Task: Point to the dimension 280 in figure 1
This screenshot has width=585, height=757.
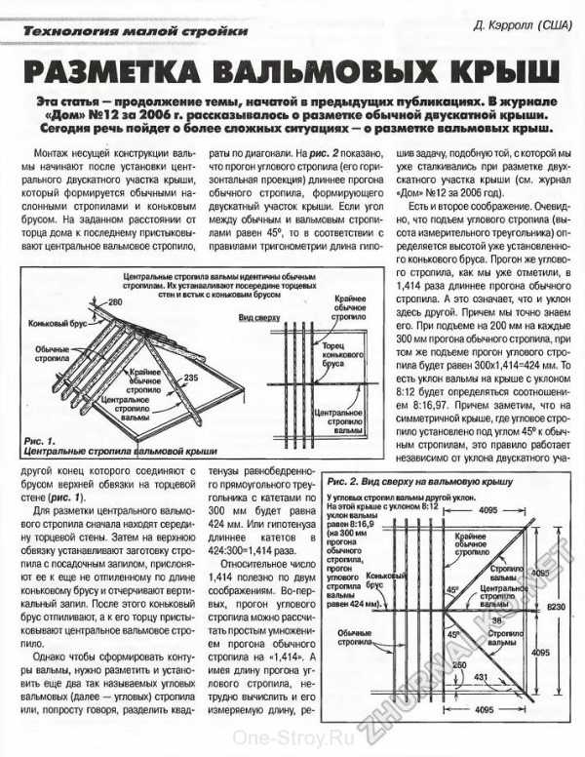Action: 116,303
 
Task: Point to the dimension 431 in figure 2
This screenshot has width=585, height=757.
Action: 480,701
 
